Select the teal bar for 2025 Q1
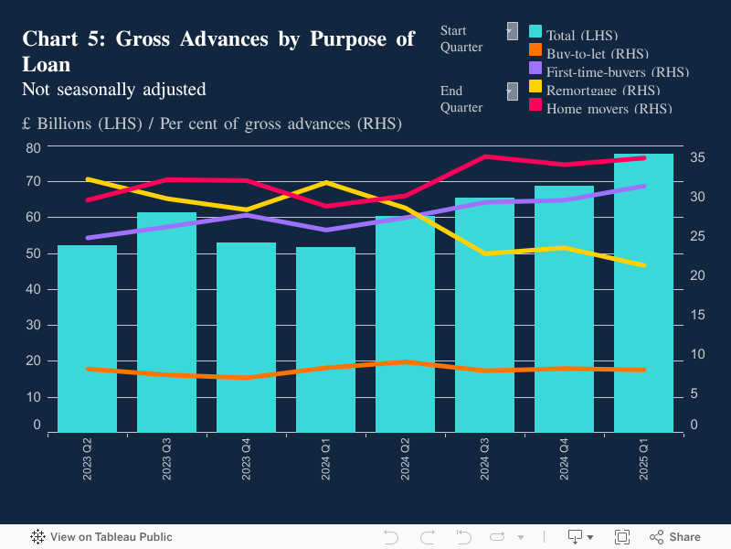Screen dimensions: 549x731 [643, 293]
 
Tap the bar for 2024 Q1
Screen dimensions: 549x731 [325, 339]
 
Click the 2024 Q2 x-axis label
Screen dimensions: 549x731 [405, 457]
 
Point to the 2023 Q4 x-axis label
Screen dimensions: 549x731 [246, 457]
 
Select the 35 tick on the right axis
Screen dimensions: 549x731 [697, 157]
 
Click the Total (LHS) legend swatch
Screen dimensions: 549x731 [536, 32]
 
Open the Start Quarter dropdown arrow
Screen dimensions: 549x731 [512, 31]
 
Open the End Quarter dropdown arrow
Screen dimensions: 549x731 [512, 91]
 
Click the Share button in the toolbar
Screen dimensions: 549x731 [675, 537]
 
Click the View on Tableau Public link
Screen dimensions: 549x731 [101, 537]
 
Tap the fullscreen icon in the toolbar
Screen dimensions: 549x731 [622, 537]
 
